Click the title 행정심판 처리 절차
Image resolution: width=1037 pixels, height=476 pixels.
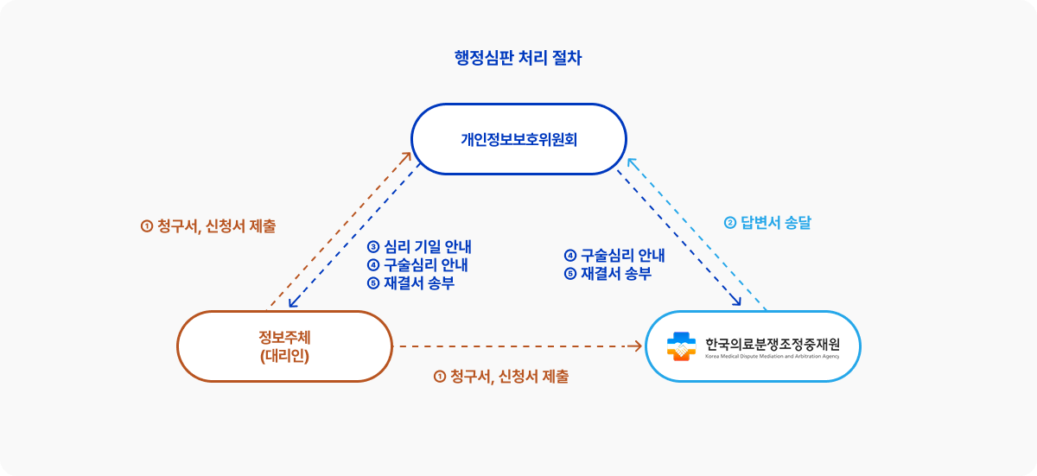[x=518, y=59]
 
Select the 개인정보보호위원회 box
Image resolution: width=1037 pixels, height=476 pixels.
[x=518, y=139]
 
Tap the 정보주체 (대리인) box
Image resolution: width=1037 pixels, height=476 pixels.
[x=284, y=346]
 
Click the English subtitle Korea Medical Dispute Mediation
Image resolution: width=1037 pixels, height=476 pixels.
[x=771, y=356]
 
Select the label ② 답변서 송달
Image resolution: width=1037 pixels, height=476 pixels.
[x=767, y=222]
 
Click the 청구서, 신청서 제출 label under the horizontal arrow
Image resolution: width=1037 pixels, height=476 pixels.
[x=500, y=377]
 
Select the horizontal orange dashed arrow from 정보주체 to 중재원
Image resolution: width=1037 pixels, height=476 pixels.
[x=518, y=346]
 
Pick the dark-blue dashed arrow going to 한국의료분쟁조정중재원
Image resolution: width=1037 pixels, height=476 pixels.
[x=678, y=238]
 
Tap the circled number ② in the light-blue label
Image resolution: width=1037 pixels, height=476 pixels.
[x=729, y=223]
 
